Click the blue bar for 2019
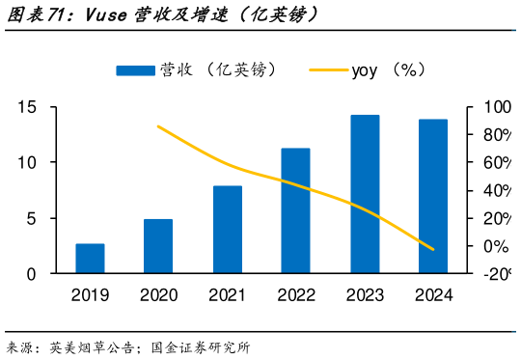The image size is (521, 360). click(90, 259)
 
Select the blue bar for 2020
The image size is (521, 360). click(158, 246)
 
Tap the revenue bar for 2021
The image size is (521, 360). click(228, 230)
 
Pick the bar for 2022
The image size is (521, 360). click(295, 210)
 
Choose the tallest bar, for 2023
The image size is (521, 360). click(365, 194)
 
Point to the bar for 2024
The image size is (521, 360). click(433, 197)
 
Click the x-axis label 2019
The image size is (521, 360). click(90, 293)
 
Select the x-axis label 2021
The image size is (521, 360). click(228, 293)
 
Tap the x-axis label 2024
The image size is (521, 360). click(433, 293)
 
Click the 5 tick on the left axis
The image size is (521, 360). click(31, 218)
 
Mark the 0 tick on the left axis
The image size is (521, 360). click(31, 274)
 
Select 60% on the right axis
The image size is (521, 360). click(497, 163)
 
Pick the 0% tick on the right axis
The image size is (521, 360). click(494, 247)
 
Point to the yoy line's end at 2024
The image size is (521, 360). click(433, 249)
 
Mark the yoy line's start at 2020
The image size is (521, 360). click(158, 126)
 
